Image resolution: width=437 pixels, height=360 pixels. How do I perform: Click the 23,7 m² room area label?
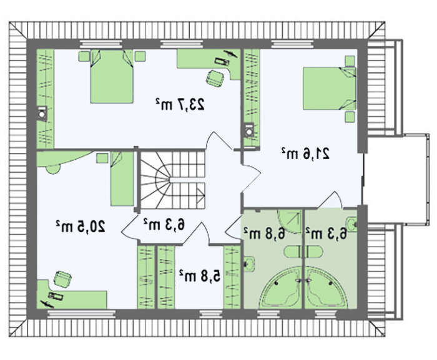(180, 104)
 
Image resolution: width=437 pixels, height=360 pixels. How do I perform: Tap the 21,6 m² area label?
(305, 153)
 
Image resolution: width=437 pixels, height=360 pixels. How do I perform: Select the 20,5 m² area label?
(81, 226)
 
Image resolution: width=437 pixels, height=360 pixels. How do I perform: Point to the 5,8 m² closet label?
(200, 276)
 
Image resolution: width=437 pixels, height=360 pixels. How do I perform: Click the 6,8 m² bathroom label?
(265, 233)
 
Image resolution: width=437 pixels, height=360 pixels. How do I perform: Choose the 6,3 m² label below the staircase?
(164, 224)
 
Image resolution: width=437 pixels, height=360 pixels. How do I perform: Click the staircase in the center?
(172, 180)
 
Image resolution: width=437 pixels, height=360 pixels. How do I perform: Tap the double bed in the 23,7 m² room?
(112, 77)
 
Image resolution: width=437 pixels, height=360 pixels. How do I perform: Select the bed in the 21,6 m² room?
(330, 89)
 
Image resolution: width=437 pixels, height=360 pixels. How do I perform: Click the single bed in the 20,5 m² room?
(122, 179)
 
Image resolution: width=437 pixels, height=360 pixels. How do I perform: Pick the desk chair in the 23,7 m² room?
(215, 78)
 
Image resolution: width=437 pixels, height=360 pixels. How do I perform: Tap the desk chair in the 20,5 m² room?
(62, 278)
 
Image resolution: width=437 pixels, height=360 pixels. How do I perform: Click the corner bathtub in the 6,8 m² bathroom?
(282, 288)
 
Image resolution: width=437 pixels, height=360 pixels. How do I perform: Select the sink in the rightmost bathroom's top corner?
(351, 224)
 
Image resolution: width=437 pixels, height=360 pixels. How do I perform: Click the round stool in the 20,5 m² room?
(53, 168)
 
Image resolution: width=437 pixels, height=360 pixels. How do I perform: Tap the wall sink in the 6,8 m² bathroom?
(249, 263)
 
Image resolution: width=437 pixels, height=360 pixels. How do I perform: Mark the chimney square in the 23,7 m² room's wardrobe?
(42, 114)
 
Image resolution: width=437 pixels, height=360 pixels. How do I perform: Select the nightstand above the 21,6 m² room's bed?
(350, 61)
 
